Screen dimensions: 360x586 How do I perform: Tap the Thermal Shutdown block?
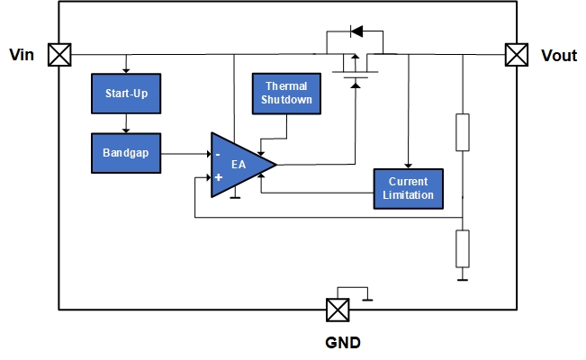point(286,94)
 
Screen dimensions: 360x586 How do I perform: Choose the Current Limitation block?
point(409,188)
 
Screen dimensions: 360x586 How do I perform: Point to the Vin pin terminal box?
point(59,55)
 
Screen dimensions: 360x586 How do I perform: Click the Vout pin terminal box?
point(516,55)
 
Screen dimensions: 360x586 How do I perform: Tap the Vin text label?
point(23,55)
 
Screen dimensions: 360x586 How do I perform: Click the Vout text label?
point(558,56)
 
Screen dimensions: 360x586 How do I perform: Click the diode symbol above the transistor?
point(356,32)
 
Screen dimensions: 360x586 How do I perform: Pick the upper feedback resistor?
point(462,132)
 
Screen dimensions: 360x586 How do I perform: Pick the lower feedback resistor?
point(462,247)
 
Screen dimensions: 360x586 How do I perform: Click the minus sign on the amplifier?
point(219,154)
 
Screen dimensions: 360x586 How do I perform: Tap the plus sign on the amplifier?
point(219,177)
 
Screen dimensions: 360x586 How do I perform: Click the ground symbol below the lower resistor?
point(462,277)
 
